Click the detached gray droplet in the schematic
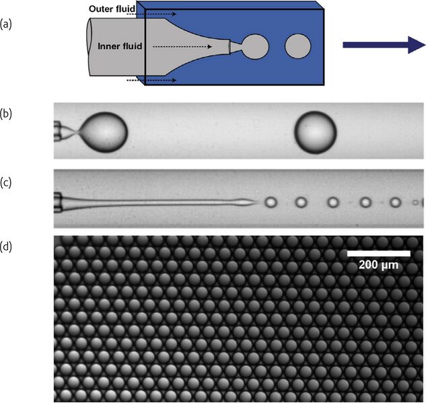[x=299, y=46]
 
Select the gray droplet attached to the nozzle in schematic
[x=255, y=46]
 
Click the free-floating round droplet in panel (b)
[x=316, y=132]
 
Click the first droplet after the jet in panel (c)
[x=271, y=201]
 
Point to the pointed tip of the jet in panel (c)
[x=254, y=201]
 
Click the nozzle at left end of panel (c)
[x=59, y=200]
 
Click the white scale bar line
[x=378, y=254]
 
